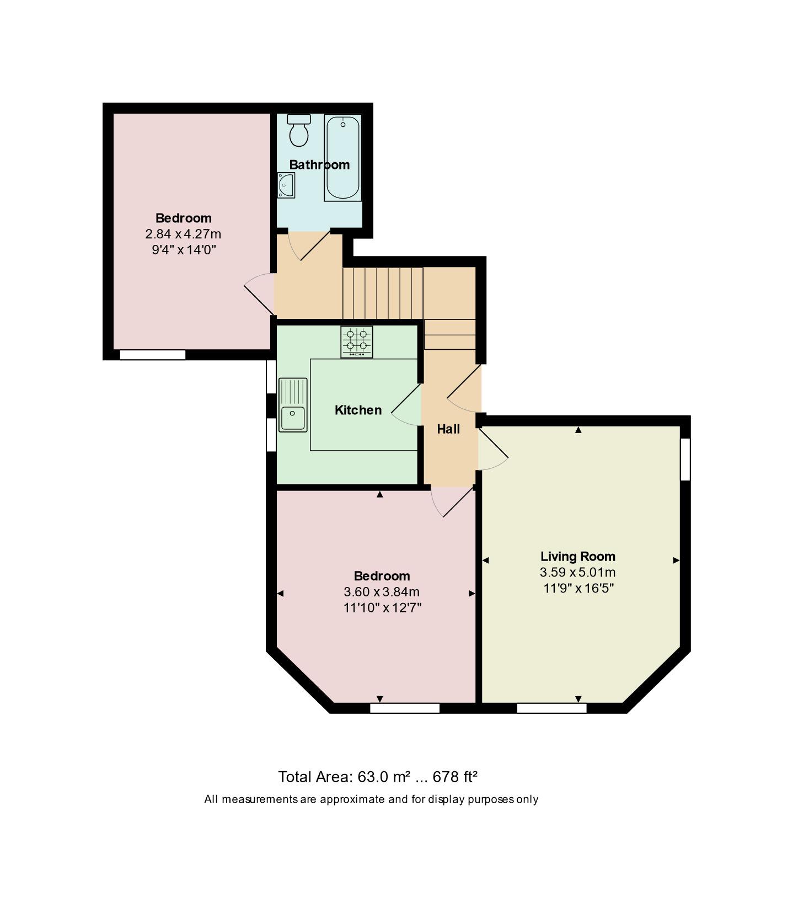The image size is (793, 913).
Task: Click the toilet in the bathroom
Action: (299, 131)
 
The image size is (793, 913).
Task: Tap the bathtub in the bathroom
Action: (342, 158)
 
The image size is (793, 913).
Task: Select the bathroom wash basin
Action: (286, 185)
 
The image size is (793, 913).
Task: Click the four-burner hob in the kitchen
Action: (356, 341)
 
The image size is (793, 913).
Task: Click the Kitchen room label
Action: (358, 410)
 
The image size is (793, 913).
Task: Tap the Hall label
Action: (448, 429)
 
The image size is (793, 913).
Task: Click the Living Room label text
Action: (577, 556)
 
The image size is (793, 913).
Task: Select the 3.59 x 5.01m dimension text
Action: (577, 572)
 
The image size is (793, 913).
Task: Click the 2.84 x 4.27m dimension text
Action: (183, 234)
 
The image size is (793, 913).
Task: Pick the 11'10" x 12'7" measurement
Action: (382, 608)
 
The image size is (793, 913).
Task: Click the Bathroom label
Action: (319, 164)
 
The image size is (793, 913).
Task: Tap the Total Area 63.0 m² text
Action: (377, 777)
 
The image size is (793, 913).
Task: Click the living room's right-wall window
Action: (684, 459)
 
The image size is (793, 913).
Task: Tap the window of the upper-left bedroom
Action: (153, 355)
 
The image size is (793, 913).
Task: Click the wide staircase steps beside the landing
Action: (383, 293)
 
